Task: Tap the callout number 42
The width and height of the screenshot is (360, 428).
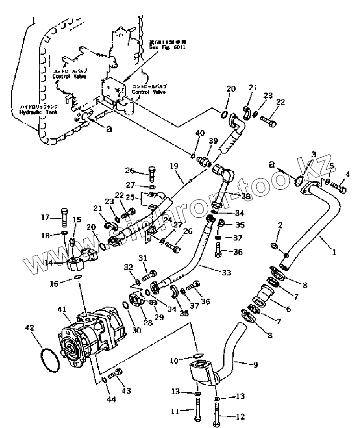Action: point(29,328)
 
